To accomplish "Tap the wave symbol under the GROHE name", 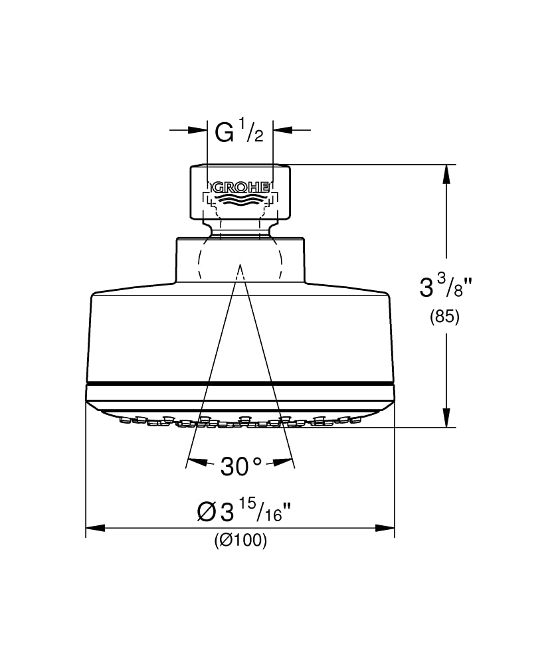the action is (240, 199).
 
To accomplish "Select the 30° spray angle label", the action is (240, 467).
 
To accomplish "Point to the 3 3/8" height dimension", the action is (444, 285).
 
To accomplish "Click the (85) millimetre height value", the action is (444, 317).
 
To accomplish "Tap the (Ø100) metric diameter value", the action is (240, 540).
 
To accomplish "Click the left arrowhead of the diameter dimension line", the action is (95, 528).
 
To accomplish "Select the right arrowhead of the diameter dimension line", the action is (385, 528).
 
